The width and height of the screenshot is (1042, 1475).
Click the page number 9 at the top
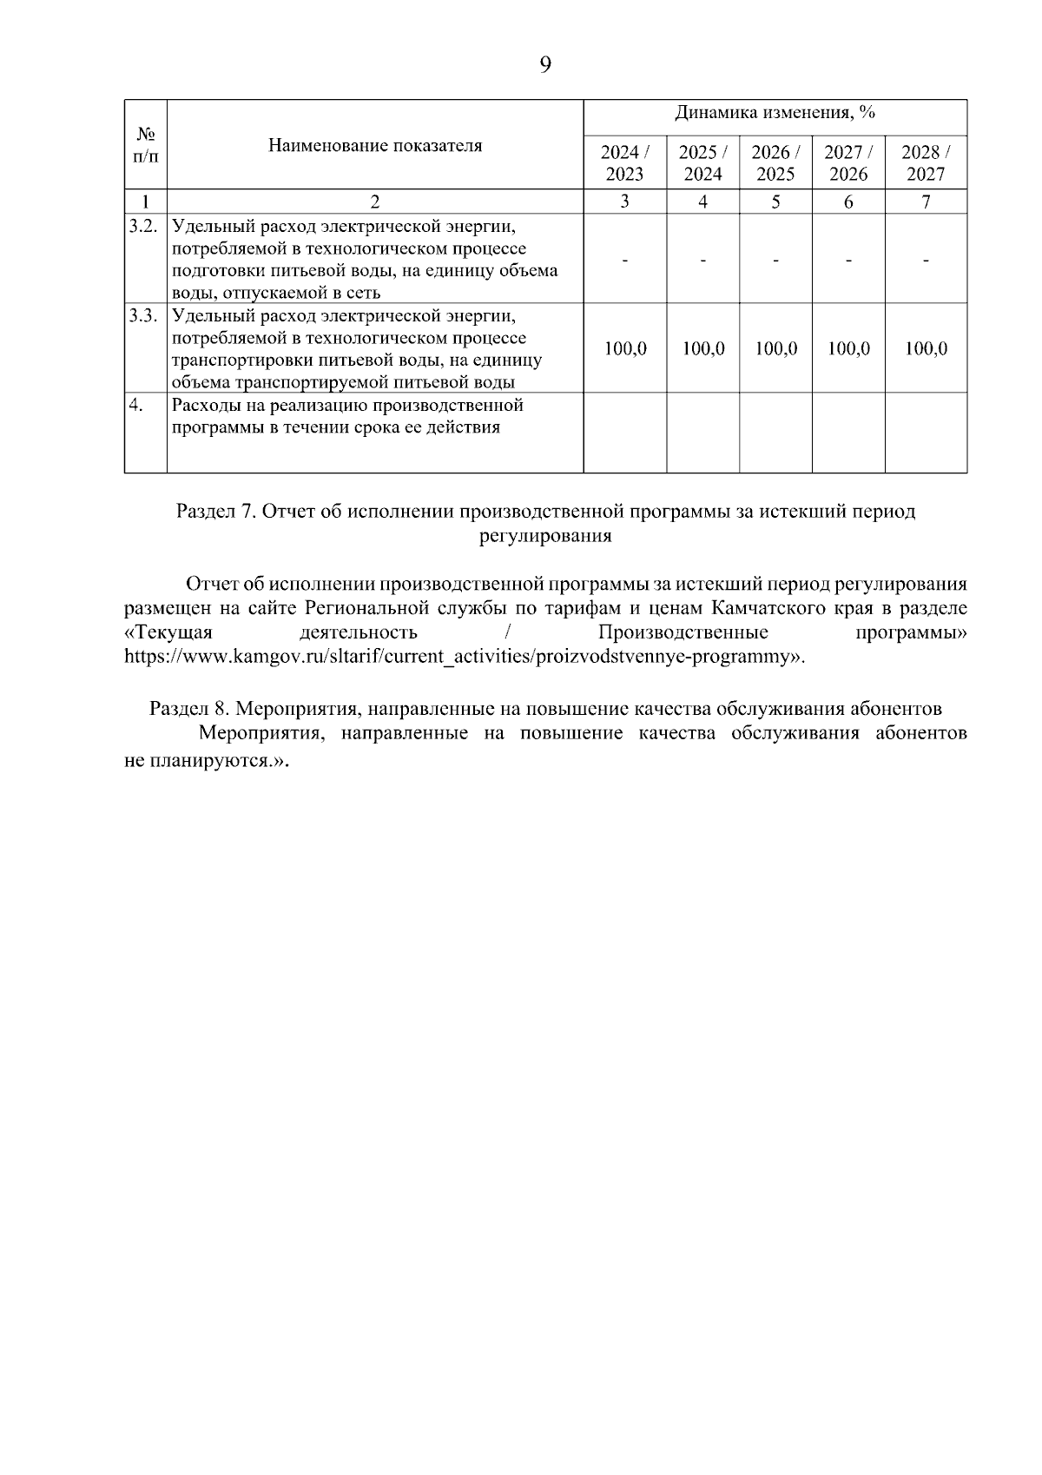pos(545,66)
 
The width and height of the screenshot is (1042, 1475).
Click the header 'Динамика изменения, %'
pos(775,114)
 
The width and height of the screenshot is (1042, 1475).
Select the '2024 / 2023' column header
pos(624,162)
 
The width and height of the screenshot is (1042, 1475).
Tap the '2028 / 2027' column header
pos(926,162)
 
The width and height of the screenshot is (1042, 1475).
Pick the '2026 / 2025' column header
pos(775,162)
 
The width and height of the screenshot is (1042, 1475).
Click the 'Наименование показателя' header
pos(374,145)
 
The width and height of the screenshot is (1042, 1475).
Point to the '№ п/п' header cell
pos(146,145)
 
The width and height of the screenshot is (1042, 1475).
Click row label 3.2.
pos(143,226)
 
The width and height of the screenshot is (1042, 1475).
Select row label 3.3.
pos(143,314)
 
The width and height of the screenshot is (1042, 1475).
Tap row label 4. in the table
pos(135,405)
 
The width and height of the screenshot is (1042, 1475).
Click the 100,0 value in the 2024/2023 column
pos(625,349)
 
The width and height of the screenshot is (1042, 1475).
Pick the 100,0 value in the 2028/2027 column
pos(926,349)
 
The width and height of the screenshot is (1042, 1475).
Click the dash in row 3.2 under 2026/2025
pos(775,260)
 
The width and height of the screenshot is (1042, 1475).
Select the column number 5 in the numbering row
pos(775,202)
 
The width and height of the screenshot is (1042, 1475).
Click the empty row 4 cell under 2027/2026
pos(848,433)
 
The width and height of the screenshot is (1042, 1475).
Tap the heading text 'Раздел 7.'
pos(214,512)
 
